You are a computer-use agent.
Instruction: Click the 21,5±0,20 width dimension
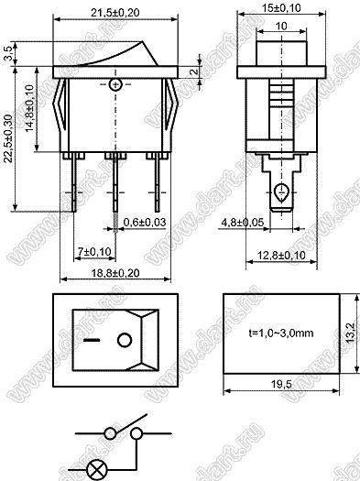tap(115, 13)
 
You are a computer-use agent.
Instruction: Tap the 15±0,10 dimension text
tap(281, 8)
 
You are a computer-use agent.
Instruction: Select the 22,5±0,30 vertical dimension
tap(7, 138)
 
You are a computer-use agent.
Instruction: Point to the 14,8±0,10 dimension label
tap(29, 108)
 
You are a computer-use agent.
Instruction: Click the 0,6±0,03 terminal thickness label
tap(145, 222)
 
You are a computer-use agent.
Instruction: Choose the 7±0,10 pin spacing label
tap(94, 252)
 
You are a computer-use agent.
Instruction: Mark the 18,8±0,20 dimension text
tap(115, 273)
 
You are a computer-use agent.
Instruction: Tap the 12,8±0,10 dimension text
tap(281, 255)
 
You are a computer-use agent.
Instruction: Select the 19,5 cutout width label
tap(281, 384)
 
